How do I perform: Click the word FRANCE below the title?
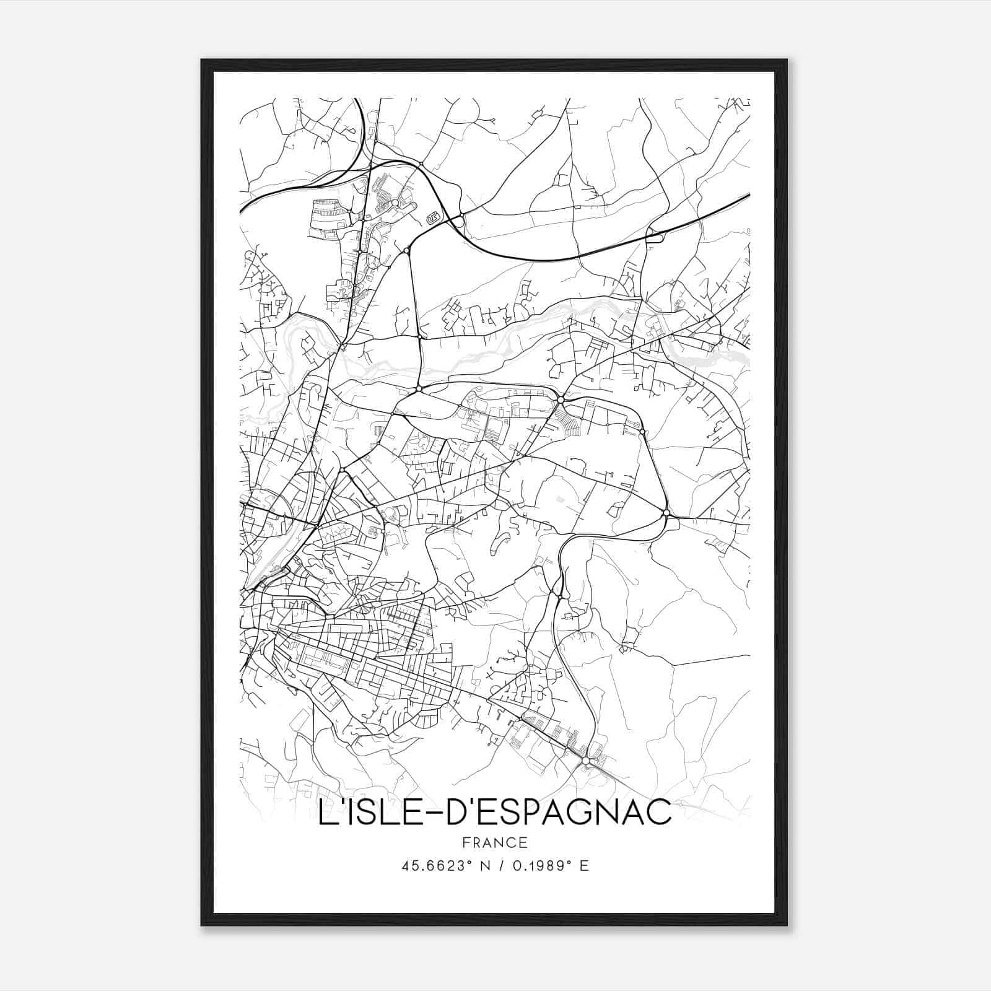click(494, 842)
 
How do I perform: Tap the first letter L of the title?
click(326, 813)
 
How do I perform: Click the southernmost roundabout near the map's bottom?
click(585, 760)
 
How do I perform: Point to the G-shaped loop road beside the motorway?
click(433, 217)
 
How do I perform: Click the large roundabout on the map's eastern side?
click(666, 513)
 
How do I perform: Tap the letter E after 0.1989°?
click(583, 866)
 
